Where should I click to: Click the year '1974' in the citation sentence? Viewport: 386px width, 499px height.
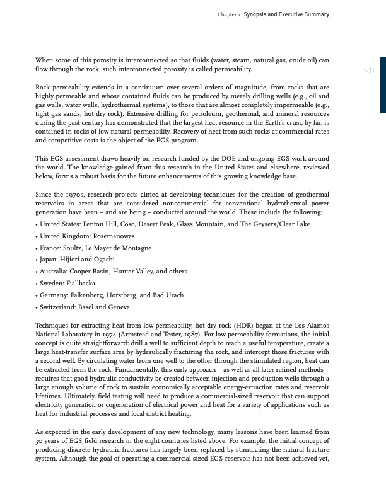tap(124, 333)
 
